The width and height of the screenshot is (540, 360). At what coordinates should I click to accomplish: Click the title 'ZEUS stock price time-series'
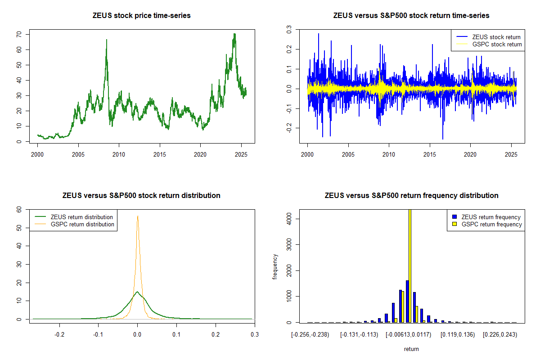[x=141, y=16]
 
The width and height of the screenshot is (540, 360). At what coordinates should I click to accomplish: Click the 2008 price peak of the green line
[x=107, y=40]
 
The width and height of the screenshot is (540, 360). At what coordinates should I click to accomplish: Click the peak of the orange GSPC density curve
[x=138, y=216]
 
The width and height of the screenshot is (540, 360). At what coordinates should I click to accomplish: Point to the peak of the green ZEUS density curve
[x=137, y=292]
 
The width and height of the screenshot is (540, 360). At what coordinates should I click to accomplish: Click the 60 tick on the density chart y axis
[x=19, y=210]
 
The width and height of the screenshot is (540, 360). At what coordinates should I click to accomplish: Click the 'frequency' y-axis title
[x=275, y=266]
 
